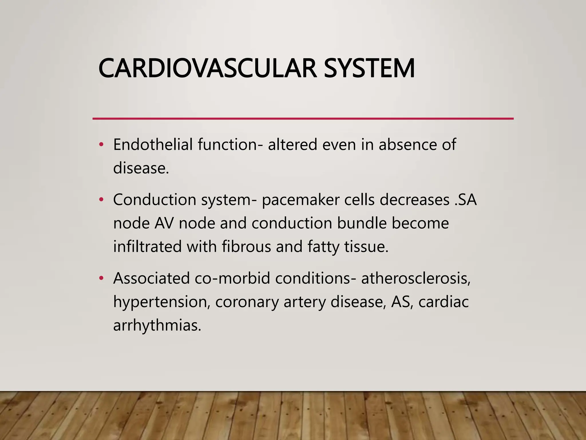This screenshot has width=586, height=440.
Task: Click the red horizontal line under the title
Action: tap(303, 118)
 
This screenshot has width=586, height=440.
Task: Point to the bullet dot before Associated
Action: tap(101, 278)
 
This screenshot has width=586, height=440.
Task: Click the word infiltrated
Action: tap(147, 246)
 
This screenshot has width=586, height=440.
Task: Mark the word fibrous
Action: tap(246, 246)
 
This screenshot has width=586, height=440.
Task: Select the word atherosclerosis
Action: tap(416, 278)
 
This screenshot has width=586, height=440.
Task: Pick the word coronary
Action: tap(247, 302)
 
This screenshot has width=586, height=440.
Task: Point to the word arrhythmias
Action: tap(157, 325)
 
